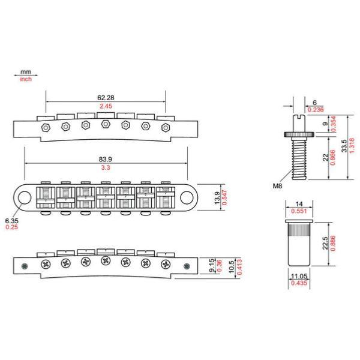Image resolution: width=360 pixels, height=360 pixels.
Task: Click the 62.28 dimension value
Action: click(106, 98)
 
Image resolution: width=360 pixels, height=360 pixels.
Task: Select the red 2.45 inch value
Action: click(106, 106)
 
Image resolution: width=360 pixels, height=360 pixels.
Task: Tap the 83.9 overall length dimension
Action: click(106, 159)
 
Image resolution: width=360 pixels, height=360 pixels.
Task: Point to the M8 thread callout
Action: click(277, 186)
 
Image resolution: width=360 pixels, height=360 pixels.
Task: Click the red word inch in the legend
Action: click(26, 79)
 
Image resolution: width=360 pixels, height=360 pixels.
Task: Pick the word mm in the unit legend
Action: click(26, 72)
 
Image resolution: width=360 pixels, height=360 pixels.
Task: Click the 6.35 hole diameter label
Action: click(11, 221)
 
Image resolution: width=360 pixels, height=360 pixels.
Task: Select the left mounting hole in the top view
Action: click(25, 197)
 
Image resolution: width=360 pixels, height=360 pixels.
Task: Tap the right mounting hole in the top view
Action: click(187, 197)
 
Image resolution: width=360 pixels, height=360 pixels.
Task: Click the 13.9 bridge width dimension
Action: click(217, 197)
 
